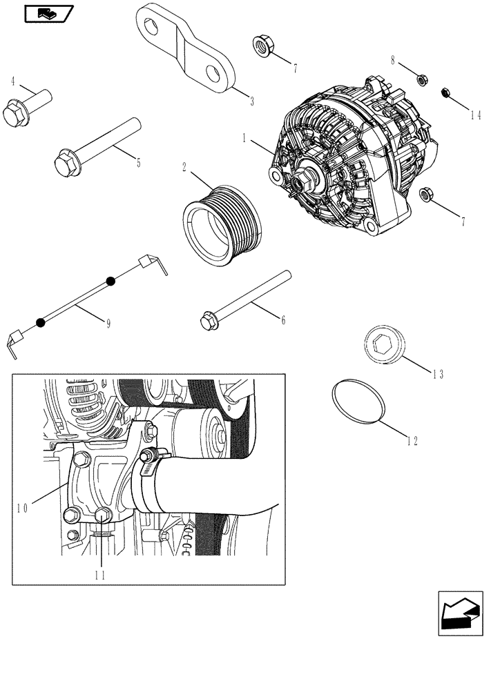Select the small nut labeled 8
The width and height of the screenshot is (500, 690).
421,79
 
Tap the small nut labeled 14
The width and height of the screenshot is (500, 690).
446,92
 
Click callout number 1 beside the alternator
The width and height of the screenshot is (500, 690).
244,138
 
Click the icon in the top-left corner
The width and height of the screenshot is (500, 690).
48,12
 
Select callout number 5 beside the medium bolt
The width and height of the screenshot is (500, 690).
138,163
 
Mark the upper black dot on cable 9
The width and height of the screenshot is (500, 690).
110,281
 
